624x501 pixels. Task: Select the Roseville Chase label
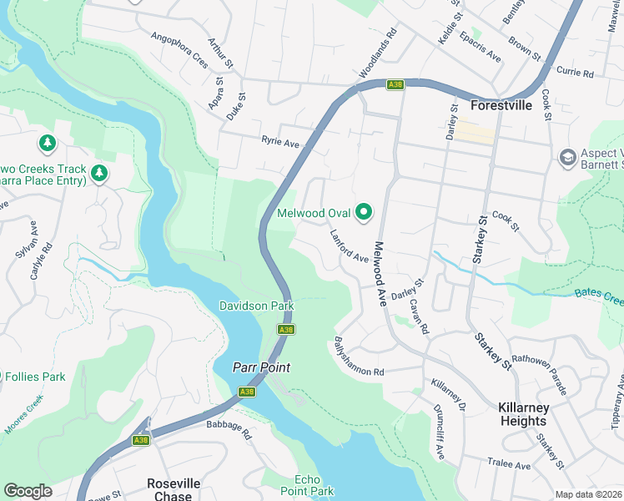click(174, 489)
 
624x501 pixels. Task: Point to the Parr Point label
click(260, 367)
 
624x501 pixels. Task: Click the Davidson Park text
click(256, 306)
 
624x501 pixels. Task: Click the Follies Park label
click(35, 377)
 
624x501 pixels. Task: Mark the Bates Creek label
click(599, 296)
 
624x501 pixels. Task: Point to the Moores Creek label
click(23, 413)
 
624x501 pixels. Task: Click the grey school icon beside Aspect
click(568, 157)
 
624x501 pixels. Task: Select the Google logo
click(28, 491)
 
